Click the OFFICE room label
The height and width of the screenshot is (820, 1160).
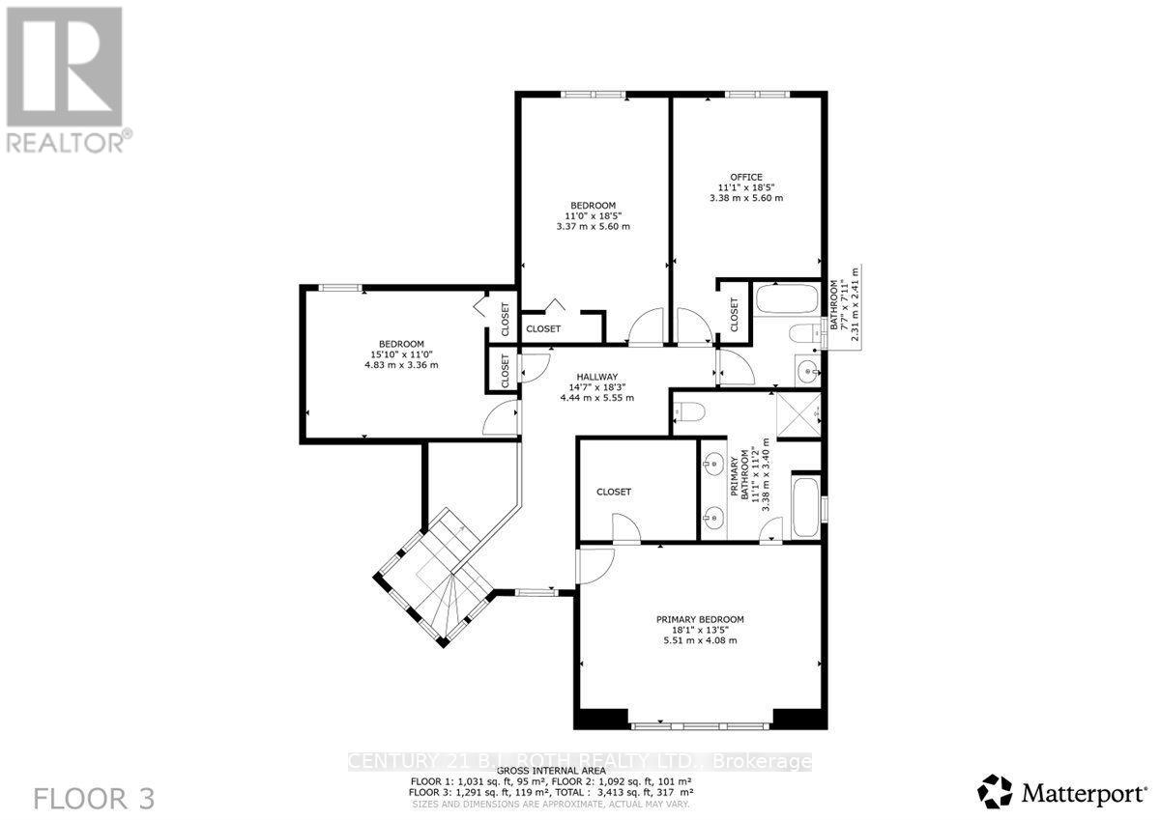[745, 176]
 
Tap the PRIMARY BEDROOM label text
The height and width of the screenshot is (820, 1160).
[700, 619]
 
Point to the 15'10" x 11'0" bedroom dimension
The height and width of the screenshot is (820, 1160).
[401, 354]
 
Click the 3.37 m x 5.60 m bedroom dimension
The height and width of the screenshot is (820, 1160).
[593, 227]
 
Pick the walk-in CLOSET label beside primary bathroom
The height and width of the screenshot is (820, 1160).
[614, 492]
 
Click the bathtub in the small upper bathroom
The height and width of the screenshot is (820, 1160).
[786, 299]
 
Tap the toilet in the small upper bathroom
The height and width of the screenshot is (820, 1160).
[801, 334]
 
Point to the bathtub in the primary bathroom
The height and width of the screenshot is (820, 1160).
[804, 506]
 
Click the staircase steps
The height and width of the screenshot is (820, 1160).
[440, 580]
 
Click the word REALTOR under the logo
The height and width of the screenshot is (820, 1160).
[64, 143]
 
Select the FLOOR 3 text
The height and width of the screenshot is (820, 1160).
[94, 799]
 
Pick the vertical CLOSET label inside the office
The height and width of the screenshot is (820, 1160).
[735, 314]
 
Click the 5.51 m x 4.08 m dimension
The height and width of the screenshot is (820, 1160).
[700, 640]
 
